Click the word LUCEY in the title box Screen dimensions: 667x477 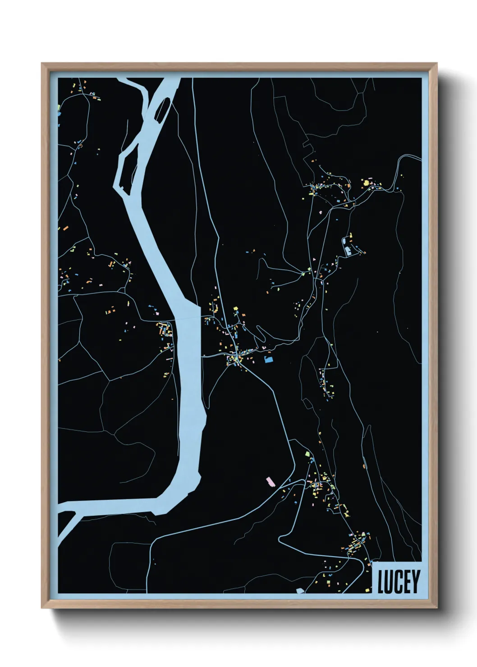(399, 581)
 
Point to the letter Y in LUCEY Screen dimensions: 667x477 (415, 581)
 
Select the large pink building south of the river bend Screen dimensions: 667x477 (270, 482)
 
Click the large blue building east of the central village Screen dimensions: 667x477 (269, 360)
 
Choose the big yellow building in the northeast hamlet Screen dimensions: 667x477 (366, 183)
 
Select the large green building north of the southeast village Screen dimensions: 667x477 (308, 454)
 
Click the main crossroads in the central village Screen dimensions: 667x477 (235, 358)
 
